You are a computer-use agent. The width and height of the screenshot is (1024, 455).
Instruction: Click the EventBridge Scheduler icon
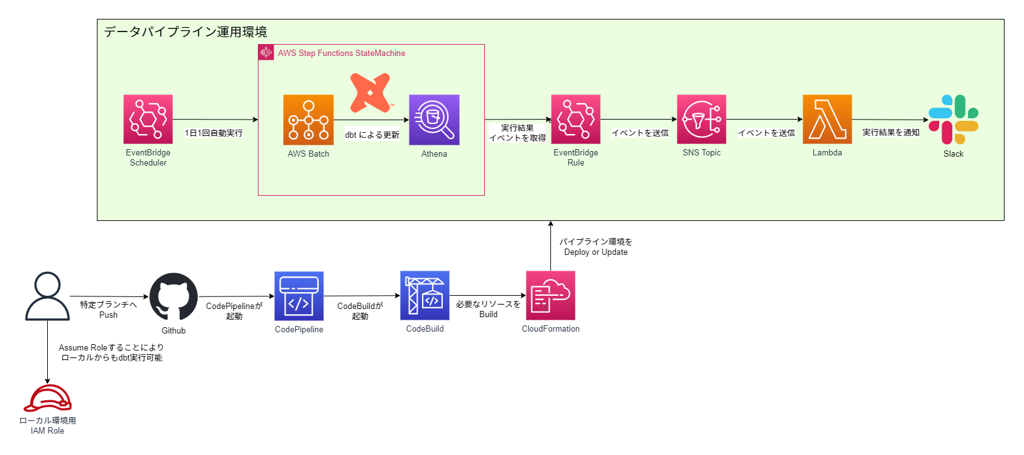pyautogui.click(x=148, y=119)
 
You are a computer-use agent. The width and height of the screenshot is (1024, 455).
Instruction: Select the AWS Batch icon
pyautogui.click(x=308, y=120)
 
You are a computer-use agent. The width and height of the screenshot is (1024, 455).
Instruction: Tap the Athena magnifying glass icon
pyautogui.click(x=434, y=120)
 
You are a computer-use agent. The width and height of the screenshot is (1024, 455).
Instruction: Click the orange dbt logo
pyautogui.click(x=370, y=93)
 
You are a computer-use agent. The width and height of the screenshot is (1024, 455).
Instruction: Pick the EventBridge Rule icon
pyautogui.click(x=576, y=119)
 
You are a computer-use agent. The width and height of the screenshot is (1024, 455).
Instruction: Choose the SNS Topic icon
pyautogui.click(x=701, y=119)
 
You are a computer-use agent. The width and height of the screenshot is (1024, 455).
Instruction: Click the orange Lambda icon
pyautogui.click(x=827, y=119)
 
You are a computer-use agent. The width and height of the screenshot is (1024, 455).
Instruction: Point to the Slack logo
pyautogui.click(x=954, y=120)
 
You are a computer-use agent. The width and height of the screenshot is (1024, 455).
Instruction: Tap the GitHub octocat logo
pyautogui.click(x=174, y=296)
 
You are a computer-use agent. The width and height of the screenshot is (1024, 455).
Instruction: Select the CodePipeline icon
pyautogui.click(x=299, y=296)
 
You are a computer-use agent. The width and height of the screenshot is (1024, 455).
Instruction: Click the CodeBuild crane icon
pyautogui.click(x=425, y=295)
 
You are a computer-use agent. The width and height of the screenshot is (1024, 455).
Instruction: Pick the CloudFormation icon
pyautogui.click(x=550, y=295)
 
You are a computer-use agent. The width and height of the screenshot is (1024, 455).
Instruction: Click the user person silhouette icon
pyautogui.click(x=47, y=296)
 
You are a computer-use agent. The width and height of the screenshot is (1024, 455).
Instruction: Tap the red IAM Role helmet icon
pyautogui.click(x=47, y=398)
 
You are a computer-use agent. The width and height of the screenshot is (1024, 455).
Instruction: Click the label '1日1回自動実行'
pyautogui.click(x=213, y=133)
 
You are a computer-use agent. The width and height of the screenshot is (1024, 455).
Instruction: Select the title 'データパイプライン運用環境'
pyautogui.click(x=186, y=32)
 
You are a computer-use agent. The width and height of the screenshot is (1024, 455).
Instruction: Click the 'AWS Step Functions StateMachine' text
pyautogui.click(x=342, y=53)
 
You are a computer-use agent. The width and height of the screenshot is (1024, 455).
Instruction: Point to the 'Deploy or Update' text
pyautogui.click(x=596, y=252)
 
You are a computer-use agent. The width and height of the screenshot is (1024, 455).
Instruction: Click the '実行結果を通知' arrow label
pyautogui.click(x=891, y=132)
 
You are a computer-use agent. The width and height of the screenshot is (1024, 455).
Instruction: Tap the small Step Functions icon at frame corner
pyautogui.click(x=266, y=52)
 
